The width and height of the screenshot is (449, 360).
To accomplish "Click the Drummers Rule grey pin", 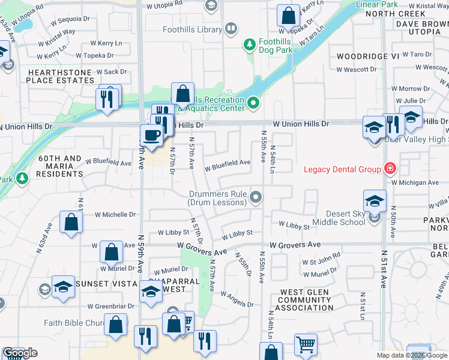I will [x=256, y=197].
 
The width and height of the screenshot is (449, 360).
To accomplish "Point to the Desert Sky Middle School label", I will [x=345, y=218].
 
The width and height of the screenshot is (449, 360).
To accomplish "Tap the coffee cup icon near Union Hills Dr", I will [x=151, y=134].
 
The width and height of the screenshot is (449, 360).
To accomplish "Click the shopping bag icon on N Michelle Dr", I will [x=71, y=222].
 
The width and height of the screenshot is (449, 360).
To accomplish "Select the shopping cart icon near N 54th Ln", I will [x=306, y=345].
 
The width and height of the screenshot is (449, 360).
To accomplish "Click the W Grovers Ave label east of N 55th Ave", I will [x=295, y=245].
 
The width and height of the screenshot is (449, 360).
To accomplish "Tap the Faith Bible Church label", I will [x=74, y=323].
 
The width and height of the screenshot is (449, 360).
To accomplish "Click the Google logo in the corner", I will [x=19, y=353].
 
